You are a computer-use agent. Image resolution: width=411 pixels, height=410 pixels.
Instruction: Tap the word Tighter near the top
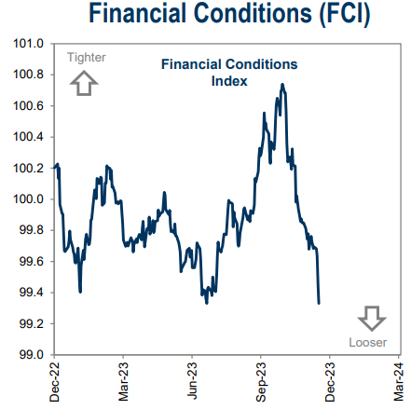click(86, 58)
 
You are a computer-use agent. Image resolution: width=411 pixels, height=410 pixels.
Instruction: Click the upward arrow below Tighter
click(85, 85)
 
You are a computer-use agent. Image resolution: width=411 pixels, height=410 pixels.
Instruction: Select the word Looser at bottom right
click(368, 341)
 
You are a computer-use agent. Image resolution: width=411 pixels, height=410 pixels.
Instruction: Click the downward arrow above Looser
click(371, 317)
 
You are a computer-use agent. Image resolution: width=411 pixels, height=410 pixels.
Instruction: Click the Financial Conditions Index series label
click(229, 73)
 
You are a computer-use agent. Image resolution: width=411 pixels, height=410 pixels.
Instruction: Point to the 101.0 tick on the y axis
click(29, 44)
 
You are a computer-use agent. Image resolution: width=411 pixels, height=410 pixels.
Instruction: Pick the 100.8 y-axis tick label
click(29, 75)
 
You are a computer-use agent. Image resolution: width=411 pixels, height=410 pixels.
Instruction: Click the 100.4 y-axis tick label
click(29, 137)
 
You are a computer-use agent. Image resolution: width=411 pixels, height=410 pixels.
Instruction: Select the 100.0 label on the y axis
click(29, 199)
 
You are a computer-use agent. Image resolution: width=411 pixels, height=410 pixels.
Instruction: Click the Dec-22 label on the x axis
click(55, 382)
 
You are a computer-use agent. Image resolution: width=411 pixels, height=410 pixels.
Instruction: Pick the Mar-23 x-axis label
click(124, 382)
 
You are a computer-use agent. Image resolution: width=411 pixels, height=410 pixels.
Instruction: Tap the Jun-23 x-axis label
click(193, 382)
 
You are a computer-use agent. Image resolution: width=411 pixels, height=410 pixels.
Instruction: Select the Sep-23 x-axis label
click(263, 382)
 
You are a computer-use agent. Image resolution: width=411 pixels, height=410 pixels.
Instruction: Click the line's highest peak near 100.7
click(282, 85)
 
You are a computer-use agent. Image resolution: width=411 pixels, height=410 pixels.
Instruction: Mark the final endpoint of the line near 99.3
click(319, 303)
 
